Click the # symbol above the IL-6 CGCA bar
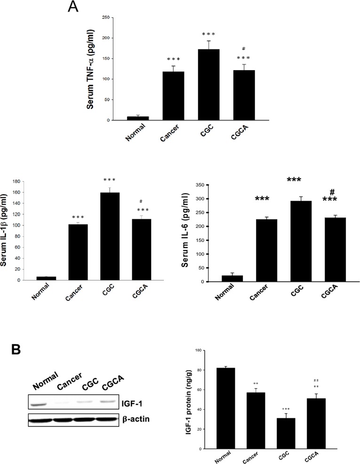[x=332, y=192]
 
